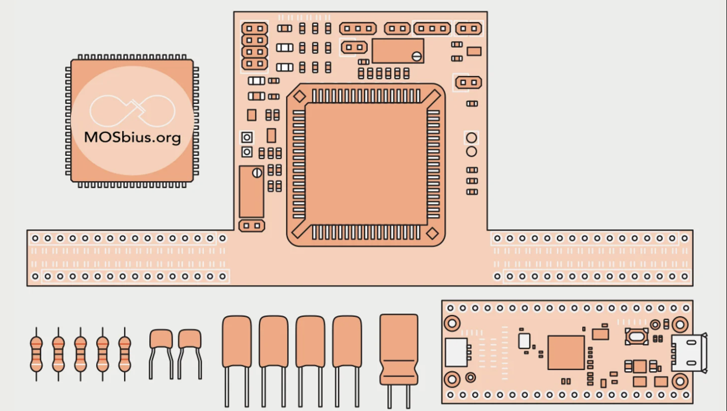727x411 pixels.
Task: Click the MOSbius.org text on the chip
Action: click(x=132, y=138)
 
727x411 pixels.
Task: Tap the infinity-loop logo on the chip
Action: click(x=132, y=110)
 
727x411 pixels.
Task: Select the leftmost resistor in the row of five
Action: click(x=36, y=353)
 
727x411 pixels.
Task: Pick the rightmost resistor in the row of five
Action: click(x=125, y=353)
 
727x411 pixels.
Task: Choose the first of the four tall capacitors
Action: click(x=237, y=342)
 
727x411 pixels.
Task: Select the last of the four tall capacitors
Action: click(x=347, y=342)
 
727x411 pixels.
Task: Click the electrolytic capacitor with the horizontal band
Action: click(x=399, y=349)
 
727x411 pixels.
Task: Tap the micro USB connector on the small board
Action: click(x=689, y=353)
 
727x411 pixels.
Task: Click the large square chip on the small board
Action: click(x=566, y=352)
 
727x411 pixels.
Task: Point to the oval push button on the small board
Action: click(x=636, y=337)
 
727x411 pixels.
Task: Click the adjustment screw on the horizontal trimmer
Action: click(x=417, y=56)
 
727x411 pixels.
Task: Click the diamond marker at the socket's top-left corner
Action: click(x=299, y=96)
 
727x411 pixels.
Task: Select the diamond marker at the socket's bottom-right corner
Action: click(x=433, y=233)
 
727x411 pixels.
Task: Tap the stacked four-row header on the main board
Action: click(x=255, y=46)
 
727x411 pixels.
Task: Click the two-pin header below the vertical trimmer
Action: click(x=251, y=226)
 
